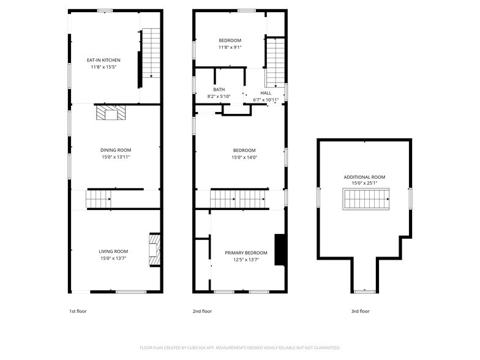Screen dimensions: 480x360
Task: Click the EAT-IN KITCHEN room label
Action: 103,60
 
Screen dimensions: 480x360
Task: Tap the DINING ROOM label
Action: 116,151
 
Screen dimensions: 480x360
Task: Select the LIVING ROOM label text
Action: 113,252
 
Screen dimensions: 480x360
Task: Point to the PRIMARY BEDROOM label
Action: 246,253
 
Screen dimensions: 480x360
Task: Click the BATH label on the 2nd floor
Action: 219,89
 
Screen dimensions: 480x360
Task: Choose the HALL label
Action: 266,93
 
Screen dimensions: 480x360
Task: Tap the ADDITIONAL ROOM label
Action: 364,178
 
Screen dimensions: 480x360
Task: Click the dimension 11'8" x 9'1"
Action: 230,48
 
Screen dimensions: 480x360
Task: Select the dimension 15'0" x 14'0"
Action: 244,157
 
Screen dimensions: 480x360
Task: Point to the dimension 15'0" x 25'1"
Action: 364,184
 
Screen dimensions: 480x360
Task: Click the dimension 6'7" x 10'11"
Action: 266,100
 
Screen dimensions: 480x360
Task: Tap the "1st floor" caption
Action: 78,311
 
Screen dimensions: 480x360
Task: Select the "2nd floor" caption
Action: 202,311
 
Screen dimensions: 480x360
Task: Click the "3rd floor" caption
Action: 360,311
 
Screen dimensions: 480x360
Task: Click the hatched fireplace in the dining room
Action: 111,113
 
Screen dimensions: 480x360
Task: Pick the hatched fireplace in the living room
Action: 154,250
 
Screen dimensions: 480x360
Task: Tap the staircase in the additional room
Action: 366,199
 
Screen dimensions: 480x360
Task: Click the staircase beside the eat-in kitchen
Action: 151,53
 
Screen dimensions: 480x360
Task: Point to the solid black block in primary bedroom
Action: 280,250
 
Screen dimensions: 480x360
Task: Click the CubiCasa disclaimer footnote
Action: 240,348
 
